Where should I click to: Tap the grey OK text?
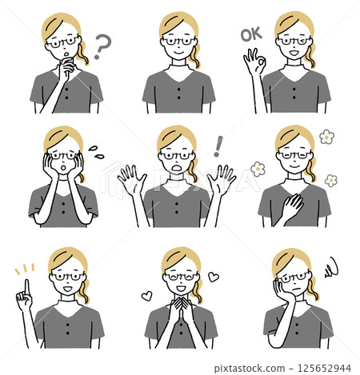tap(251, 34)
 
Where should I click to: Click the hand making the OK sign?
tap(254, 62)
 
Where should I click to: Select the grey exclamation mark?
tap(218, 146)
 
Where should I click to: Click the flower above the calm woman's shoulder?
tap(326, 137)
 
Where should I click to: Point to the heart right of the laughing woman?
tap(214, 277)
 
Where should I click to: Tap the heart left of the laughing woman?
tap(146, 296)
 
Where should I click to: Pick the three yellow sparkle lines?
tap(25, 269)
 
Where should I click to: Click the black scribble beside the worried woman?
tap(332, 268)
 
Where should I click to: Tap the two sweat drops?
tap(96, 152)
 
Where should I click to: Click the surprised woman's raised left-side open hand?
tap(132, 179)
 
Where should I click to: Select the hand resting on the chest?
tap(292, 207)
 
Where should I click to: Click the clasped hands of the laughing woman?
tap(182, 309)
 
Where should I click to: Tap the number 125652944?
tap(324, 368)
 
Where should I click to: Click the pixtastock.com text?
tap(250, 369)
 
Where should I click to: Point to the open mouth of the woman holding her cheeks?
tap(63, 168)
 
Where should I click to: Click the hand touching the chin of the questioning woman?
tap(66, 68)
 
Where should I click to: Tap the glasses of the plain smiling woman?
tap(178, 42)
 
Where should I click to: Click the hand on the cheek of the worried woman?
tap(282, 289)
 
